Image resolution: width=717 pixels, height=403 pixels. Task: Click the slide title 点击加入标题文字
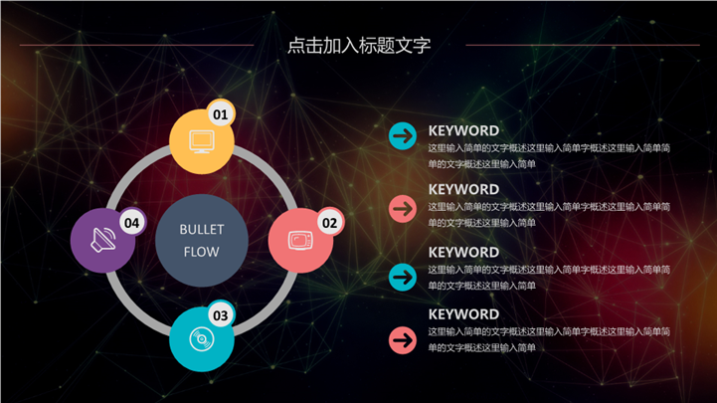(358, 45)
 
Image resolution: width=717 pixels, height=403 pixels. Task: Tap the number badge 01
(220, 114)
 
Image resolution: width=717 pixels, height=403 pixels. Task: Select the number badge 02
(329, 222)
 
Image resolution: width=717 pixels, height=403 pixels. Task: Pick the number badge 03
(220, 315)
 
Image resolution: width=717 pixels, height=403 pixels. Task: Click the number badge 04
(131, 223)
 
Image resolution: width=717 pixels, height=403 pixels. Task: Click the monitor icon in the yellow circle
(201, 141)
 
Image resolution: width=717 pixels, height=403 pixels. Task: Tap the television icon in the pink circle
(299, 240)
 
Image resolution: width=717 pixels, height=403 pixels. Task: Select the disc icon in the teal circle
(201, 339)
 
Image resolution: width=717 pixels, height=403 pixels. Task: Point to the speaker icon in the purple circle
(102, 240)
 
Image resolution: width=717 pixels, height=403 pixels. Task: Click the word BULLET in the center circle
(202, 230)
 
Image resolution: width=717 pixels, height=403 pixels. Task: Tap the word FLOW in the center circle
(202, 252)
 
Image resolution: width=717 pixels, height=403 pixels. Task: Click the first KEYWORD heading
(463, 130)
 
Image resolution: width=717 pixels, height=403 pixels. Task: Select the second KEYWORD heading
(463, 189)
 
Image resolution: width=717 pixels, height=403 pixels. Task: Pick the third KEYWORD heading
(463, 252)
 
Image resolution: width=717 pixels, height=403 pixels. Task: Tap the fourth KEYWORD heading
(463, 313)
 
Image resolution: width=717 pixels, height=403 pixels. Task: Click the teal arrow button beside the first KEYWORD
(403, 135)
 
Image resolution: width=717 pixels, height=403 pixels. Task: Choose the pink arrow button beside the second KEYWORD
(403, 208)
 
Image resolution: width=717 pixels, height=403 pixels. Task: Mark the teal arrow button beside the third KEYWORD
(403, 276)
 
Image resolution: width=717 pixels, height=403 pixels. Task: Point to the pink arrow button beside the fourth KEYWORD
(403, 339)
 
